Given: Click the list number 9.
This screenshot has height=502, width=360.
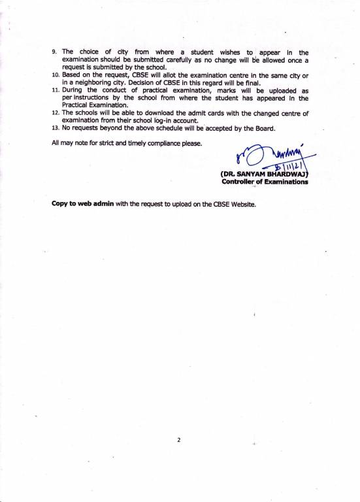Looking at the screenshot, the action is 54,51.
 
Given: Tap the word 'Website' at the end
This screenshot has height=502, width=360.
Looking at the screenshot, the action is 239,204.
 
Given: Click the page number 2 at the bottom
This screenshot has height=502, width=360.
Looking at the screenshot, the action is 178,441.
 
